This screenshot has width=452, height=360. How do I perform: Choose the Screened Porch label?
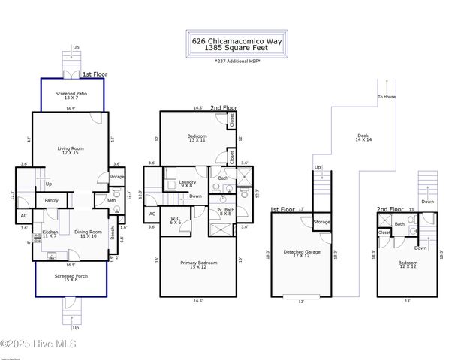[69, 278]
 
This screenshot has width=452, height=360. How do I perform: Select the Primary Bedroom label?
[198, 264]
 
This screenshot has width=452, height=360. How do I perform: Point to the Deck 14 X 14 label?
[362, 138]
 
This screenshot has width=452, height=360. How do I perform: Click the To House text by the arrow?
[386, 97]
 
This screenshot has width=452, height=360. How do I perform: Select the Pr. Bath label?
[224, 211]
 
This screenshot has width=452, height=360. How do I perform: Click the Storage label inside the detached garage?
[321, 222]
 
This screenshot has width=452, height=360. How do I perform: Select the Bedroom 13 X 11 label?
[197, 138]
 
